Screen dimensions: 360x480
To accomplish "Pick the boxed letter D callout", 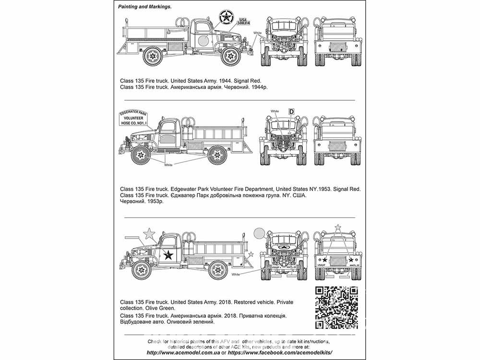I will (291, 111).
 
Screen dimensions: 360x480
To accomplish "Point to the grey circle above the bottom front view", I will (260, 233).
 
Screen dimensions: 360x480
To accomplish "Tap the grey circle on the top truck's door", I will (203, 39).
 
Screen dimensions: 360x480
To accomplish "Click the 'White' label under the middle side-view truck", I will (168, 165).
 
